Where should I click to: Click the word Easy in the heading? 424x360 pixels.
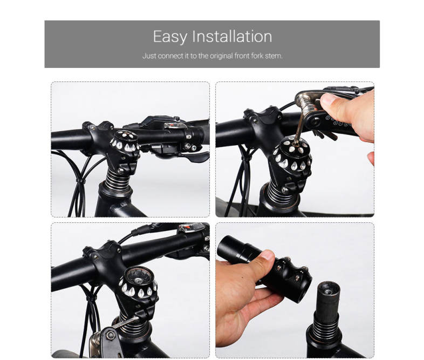pos(170,37)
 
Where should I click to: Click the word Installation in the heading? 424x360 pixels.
pos(232,36)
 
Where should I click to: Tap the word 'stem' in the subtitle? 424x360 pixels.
pos(273,56)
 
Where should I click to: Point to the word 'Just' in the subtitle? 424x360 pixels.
pos(149,56)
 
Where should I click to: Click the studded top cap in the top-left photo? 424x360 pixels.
pos(125,141)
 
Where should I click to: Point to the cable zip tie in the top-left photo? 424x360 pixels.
pos(80,180)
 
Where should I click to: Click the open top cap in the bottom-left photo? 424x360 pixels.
pos(139,282)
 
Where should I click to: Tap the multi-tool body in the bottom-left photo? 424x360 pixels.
pos(102,340)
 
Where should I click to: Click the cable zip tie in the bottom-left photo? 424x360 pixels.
pos(91,298)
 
